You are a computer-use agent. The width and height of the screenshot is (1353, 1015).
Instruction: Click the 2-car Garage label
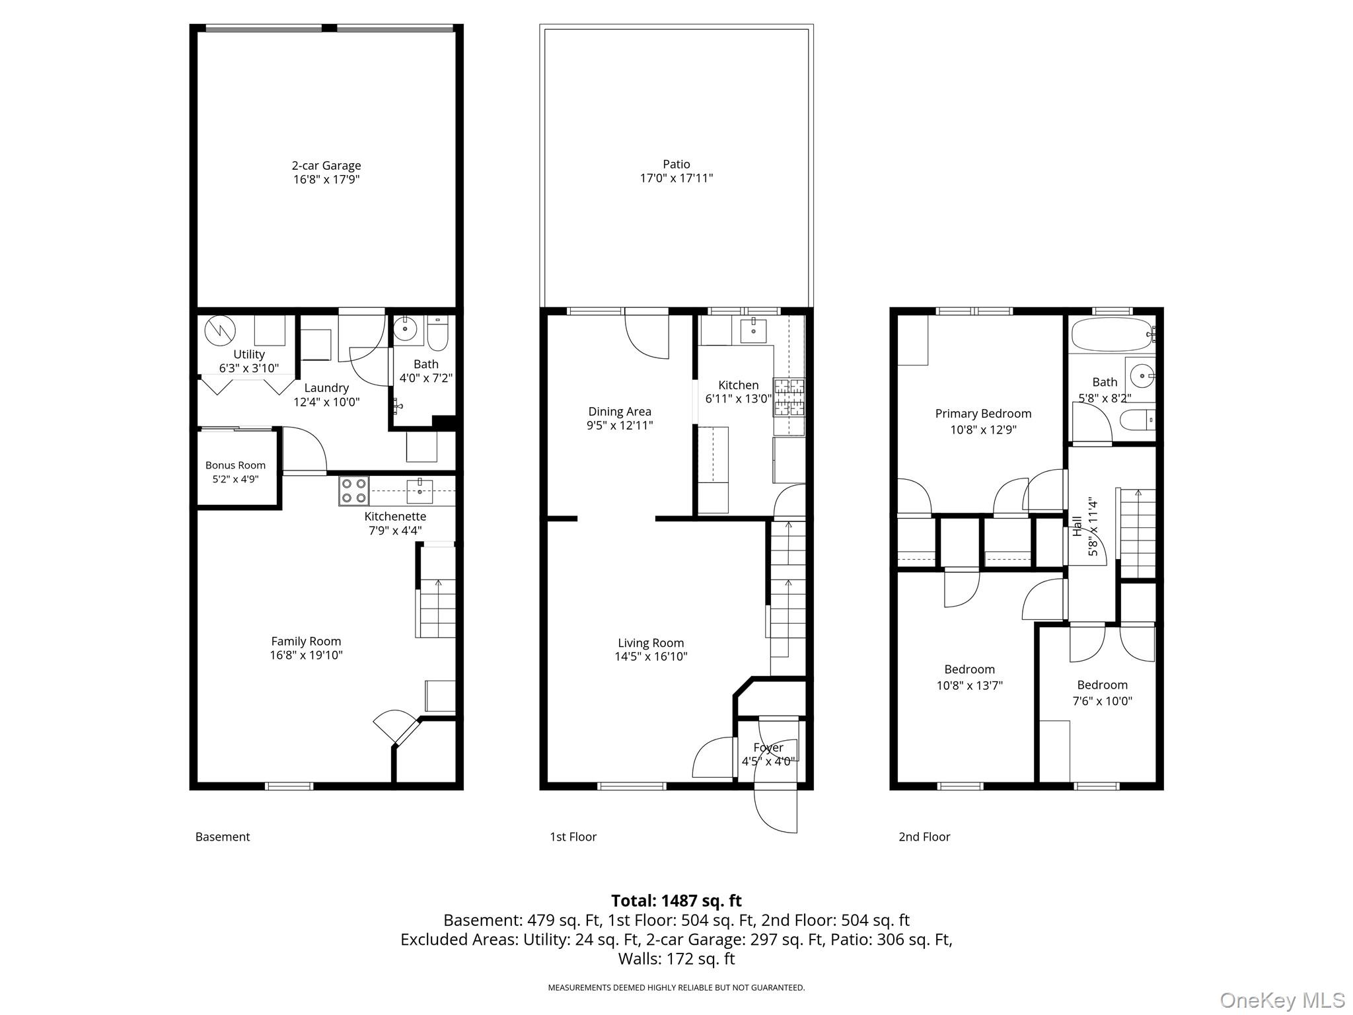click(326, 165)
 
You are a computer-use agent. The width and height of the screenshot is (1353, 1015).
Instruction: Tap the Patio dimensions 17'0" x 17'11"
click(676, 178)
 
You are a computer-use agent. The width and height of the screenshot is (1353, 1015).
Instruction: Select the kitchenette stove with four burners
click(353, 491)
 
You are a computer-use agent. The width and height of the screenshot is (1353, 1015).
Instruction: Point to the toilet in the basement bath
click(438, 334)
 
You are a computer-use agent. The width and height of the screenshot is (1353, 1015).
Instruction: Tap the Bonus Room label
click(235, 465)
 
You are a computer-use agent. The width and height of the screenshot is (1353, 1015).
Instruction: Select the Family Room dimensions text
click(306, 656)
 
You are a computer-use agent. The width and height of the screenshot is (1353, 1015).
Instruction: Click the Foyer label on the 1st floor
click(768, 747)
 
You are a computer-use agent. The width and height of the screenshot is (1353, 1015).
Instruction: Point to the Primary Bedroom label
click(983, 414)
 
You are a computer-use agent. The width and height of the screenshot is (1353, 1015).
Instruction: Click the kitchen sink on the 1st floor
click(753, 330)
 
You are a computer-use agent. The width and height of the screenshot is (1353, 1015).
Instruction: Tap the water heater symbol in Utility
click(219, 330)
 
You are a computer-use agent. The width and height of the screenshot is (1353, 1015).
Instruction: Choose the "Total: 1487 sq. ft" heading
click(676, 901)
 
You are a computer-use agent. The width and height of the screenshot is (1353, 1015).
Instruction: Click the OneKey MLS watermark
click(1282, 1000)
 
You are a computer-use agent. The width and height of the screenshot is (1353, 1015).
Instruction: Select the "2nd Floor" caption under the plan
click(924, 837)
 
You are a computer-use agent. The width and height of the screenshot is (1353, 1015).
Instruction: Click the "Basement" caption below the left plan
click(223, 837)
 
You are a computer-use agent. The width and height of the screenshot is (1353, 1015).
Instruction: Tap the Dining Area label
click(620, 412)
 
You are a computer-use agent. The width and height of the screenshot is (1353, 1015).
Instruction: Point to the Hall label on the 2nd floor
click(1077, 526)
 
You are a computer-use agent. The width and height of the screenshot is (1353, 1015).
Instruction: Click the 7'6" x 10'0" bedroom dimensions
click(1102, 701)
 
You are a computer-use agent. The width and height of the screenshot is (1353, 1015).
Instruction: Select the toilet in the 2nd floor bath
click(1138, 420)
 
